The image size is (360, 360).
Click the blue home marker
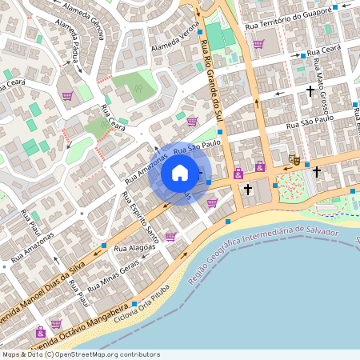(180, 173)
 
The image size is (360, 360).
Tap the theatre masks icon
(294, 160)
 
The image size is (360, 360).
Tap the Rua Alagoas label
(132, 249)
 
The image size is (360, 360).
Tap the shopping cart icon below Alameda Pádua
(67, 96)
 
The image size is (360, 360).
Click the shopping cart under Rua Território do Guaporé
(258, 44)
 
